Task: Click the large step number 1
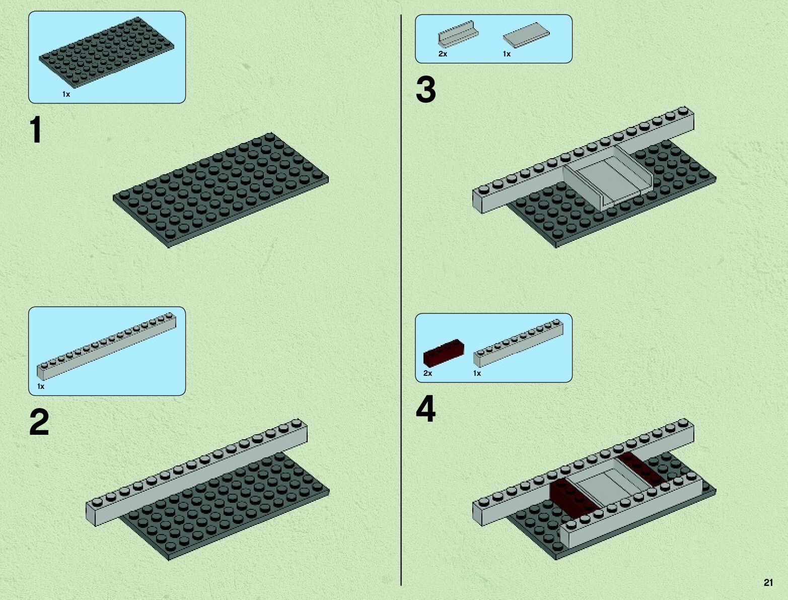[36, 129]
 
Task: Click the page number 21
[768, 582]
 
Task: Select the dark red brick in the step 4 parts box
[444, 352]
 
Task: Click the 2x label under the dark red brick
[427, 373]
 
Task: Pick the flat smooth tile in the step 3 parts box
[526, 35]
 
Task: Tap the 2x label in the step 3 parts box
[443, 54]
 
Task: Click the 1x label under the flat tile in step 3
[507, 54]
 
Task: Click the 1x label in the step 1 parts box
[66, 94]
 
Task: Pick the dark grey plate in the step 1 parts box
[106, 52]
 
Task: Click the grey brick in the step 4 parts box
[518, 343]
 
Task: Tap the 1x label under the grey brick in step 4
[477, 373]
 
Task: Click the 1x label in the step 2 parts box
[41, 386]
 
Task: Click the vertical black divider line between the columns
[401, 300]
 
